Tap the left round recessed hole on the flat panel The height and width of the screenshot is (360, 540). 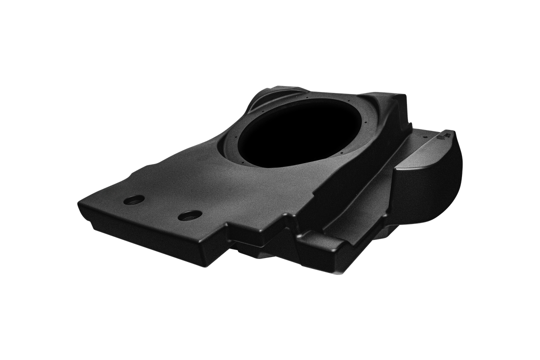pyautogui.click(x=133, y=200)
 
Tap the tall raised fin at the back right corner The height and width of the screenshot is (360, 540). pyautogui.click(x=395, y=100)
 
